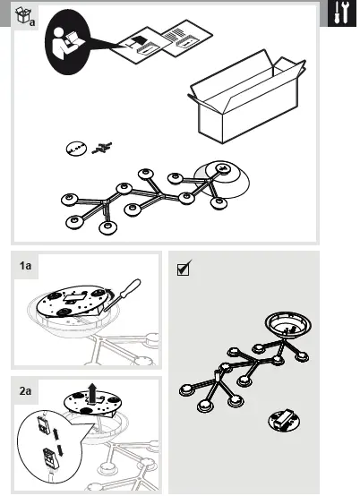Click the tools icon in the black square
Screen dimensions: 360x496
(x=342, y=13)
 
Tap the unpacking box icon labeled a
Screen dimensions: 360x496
(x=25, y=16)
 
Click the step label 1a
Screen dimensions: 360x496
(x=26, y=265)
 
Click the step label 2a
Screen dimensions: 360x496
(x=26, y=391)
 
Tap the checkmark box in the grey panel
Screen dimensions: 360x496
(x=184, y=269)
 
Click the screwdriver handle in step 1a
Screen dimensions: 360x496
(x=130, y=288)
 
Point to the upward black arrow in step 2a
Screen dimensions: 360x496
(x=92, y=393)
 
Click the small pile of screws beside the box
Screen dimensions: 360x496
(x=102, y=148)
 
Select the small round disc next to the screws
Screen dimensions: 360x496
(x=76, y=149)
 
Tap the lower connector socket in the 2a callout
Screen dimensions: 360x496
(x=51, y=458)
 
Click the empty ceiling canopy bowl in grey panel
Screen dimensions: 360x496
(x=287, y=326)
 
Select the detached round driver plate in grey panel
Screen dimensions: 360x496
(x=284, y=421)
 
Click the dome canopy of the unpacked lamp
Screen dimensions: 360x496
(x=222, y=179)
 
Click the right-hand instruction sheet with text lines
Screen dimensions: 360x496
(x=187, y=38)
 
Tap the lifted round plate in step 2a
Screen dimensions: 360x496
(x=92, y=404)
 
